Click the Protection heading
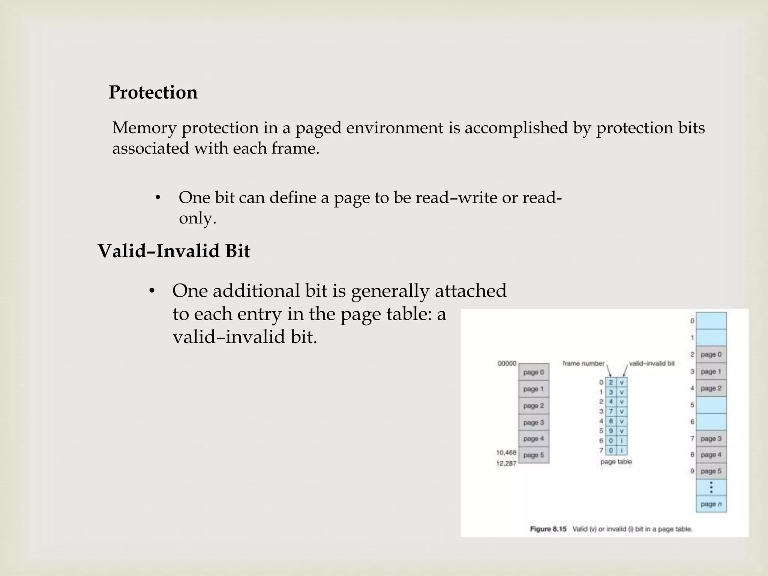coord(153,92)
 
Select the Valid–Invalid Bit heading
coord(174,250)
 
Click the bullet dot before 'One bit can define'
coord(158,198)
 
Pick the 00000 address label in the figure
coord(507,363)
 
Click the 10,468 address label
coord(506,453)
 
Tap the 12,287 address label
coord(506,463)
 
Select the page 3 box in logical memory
coord(533,423)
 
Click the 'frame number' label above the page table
coord(583,363)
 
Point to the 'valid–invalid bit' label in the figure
coord(651,363)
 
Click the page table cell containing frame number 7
coord(611,411)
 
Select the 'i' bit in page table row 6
coord(622,441)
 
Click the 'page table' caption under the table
coord(616,462)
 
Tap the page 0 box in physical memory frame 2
coord(711,354)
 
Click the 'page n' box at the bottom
coord(711,504)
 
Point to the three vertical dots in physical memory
coord(711,487)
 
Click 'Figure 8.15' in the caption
coord(548,529)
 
